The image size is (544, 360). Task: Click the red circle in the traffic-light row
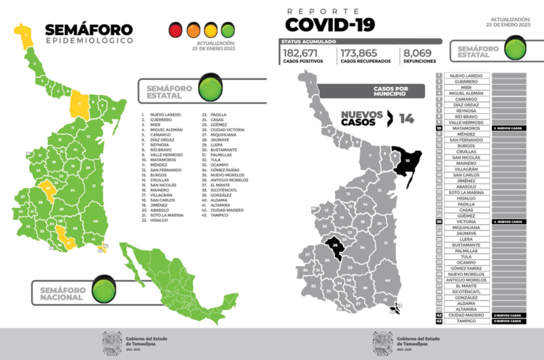click(x=175, y=30)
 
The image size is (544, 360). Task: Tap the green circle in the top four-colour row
click(x=228, y=30)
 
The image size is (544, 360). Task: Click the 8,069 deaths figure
click(x=418, y=54)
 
